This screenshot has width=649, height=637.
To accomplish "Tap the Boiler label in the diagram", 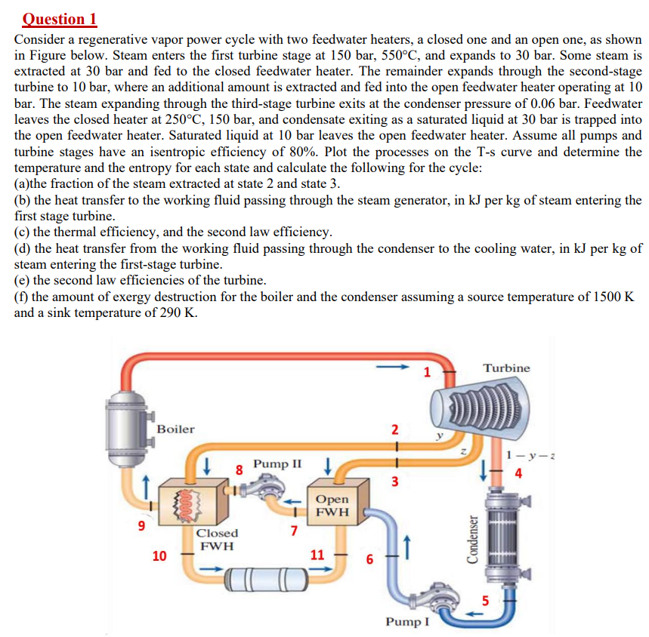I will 175,429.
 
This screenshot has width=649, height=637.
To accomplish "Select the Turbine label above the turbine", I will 506,368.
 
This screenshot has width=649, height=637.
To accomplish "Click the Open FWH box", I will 332,506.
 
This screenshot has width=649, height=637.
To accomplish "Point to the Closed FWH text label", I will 217,539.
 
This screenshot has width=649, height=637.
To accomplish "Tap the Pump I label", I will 407,622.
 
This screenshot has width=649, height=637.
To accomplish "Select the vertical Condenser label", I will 472,539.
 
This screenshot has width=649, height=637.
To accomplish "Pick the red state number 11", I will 318,555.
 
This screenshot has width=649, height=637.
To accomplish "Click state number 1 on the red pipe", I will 427,371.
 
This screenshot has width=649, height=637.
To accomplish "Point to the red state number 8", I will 240,469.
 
